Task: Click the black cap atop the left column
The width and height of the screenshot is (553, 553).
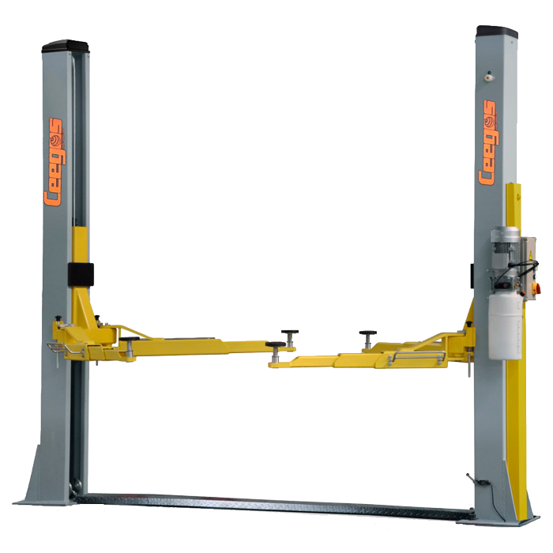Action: (x=66, y=46)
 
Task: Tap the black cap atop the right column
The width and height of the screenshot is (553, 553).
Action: (x=497, y=32)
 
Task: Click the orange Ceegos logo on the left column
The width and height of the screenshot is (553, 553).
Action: (x=55, y=162)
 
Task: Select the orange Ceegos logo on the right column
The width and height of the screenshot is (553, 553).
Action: (x=488, y=141)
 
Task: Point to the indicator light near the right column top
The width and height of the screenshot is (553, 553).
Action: (x=488, y=77)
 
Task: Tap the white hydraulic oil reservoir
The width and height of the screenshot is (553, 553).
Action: (x=505, y=326)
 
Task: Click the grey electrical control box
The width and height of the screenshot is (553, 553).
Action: (x=529, y=268)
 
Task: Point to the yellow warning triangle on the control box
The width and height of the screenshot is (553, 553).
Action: (x=529, y=257)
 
